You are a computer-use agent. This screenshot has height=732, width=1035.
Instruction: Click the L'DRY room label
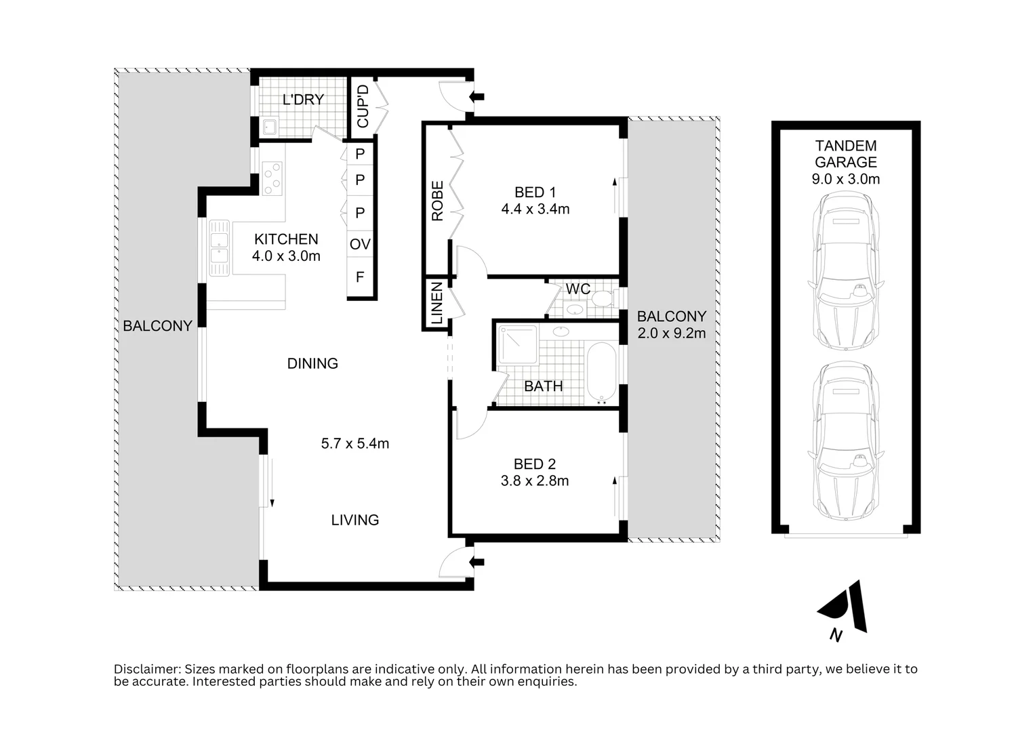303,100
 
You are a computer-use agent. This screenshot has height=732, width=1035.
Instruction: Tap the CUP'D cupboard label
363,106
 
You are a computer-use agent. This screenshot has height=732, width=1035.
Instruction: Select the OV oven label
360,243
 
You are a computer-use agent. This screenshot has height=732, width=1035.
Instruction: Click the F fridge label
360,277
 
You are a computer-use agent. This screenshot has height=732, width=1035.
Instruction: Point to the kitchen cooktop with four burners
272,178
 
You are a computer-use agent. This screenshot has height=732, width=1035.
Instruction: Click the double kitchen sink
219,247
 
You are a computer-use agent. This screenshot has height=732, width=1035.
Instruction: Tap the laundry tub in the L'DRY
269,126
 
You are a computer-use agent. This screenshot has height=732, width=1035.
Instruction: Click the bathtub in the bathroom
602,372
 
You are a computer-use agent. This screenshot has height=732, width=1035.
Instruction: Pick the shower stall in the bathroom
518,344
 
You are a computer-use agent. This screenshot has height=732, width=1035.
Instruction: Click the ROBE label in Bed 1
437,201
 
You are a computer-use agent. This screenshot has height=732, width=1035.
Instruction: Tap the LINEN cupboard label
437,303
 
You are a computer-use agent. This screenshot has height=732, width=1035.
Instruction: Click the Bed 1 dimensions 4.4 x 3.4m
535,209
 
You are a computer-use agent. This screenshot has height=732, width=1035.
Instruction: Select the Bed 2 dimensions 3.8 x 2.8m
535,481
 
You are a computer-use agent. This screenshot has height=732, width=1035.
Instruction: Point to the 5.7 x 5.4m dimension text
355,444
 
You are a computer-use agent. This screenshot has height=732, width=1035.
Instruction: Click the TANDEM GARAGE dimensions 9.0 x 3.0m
846,179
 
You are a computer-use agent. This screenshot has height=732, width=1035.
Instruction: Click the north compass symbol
843,610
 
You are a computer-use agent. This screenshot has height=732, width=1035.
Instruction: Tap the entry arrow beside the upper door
476,97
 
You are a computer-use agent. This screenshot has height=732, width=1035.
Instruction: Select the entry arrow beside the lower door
476,563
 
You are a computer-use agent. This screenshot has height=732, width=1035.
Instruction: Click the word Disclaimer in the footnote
147,669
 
